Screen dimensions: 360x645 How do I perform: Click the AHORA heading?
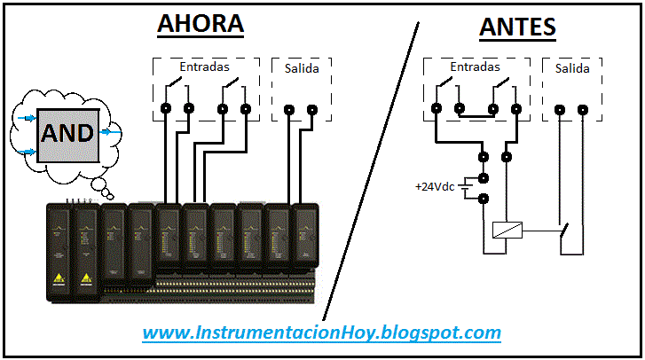pos(200,24)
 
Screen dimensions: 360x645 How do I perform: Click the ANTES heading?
pos(517,27)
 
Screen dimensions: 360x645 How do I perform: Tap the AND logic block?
pos(67,133)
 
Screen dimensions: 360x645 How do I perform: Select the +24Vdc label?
pos(433,187)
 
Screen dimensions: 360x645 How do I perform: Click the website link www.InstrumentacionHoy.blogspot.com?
pos(322,333)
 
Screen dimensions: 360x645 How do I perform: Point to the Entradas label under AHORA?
pos(204,67)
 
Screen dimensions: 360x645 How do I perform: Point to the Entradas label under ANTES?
pos(475,67)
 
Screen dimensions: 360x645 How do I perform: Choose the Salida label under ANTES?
pos(572,68)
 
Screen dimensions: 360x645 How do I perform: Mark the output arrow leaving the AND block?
pos(110,132)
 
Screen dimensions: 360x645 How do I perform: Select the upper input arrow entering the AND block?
pos(27,117)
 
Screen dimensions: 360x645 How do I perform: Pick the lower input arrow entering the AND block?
pos(27,151)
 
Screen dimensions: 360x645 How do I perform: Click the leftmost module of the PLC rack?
pos(59,248)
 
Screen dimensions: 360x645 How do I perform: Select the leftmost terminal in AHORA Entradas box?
pos(166,110)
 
